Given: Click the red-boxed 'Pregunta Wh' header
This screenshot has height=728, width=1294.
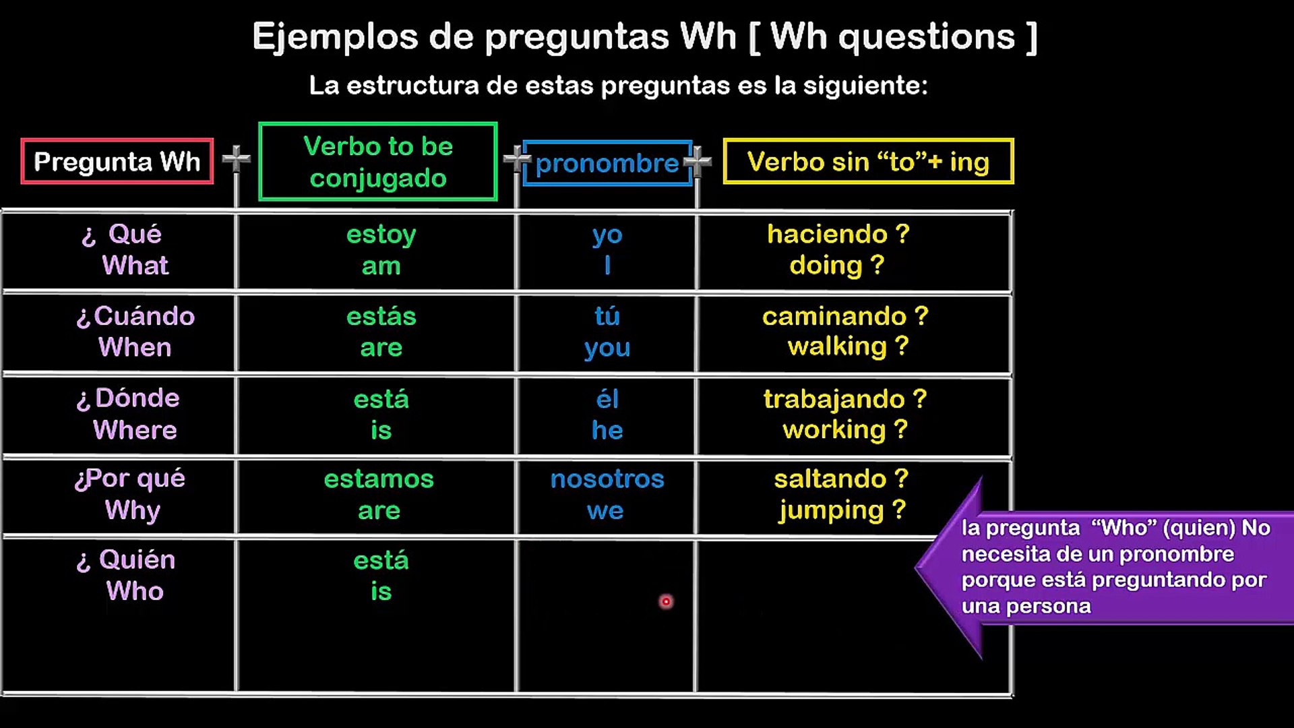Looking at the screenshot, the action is [117, 161].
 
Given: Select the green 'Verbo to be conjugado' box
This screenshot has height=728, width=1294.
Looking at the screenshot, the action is [378, 162].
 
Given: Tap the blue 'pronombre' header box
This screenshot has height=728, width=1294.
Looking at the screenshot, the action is [607, 163].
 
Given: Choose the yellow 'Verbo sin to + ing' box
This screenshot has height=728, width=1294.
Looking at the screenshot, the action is [868, 162].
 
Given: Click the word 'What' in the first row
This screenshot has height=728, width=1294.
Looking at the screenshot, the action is [135, 266].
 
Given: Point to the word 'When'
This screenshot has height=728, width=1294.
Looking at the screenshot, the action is [135, 348].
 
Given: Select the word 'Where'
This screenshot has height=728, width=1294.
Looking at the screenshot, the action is [135, 430].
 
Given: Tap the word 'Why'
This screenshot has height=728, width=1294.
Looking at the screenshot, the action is [132, 511].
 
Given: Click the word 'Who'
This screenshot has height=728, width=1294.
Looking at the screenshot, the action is [135, 591].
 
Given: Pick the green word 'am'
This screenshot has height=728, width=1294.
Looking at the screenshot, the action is [381, 266].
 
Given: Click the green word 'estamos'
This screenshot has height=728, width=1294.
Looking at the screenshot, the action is [379, 479].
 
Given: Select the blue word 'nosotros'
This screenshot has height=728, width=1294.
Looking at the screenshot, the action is [607, 479].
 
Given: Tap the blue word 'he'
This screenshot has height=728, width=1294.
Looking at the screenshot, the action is [607, 430].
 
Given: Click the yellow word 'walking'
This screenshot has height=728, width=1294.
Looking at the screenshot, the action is [837, 347].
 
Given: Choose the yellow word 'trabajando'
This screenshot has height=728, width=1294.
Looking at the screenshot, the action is [834, 400].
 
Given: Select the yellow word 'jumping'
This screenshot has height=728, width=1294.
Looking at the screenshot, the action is [830, 511].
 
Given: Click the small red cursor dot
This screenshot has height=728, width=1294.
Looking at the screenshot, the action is [666, 601].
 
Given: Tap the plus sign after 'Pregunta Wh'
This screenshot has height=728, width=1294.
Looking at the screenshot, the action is [236, 159].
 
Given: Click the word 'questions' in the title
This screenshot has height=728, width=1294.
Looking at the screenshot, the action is [926, 36].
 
